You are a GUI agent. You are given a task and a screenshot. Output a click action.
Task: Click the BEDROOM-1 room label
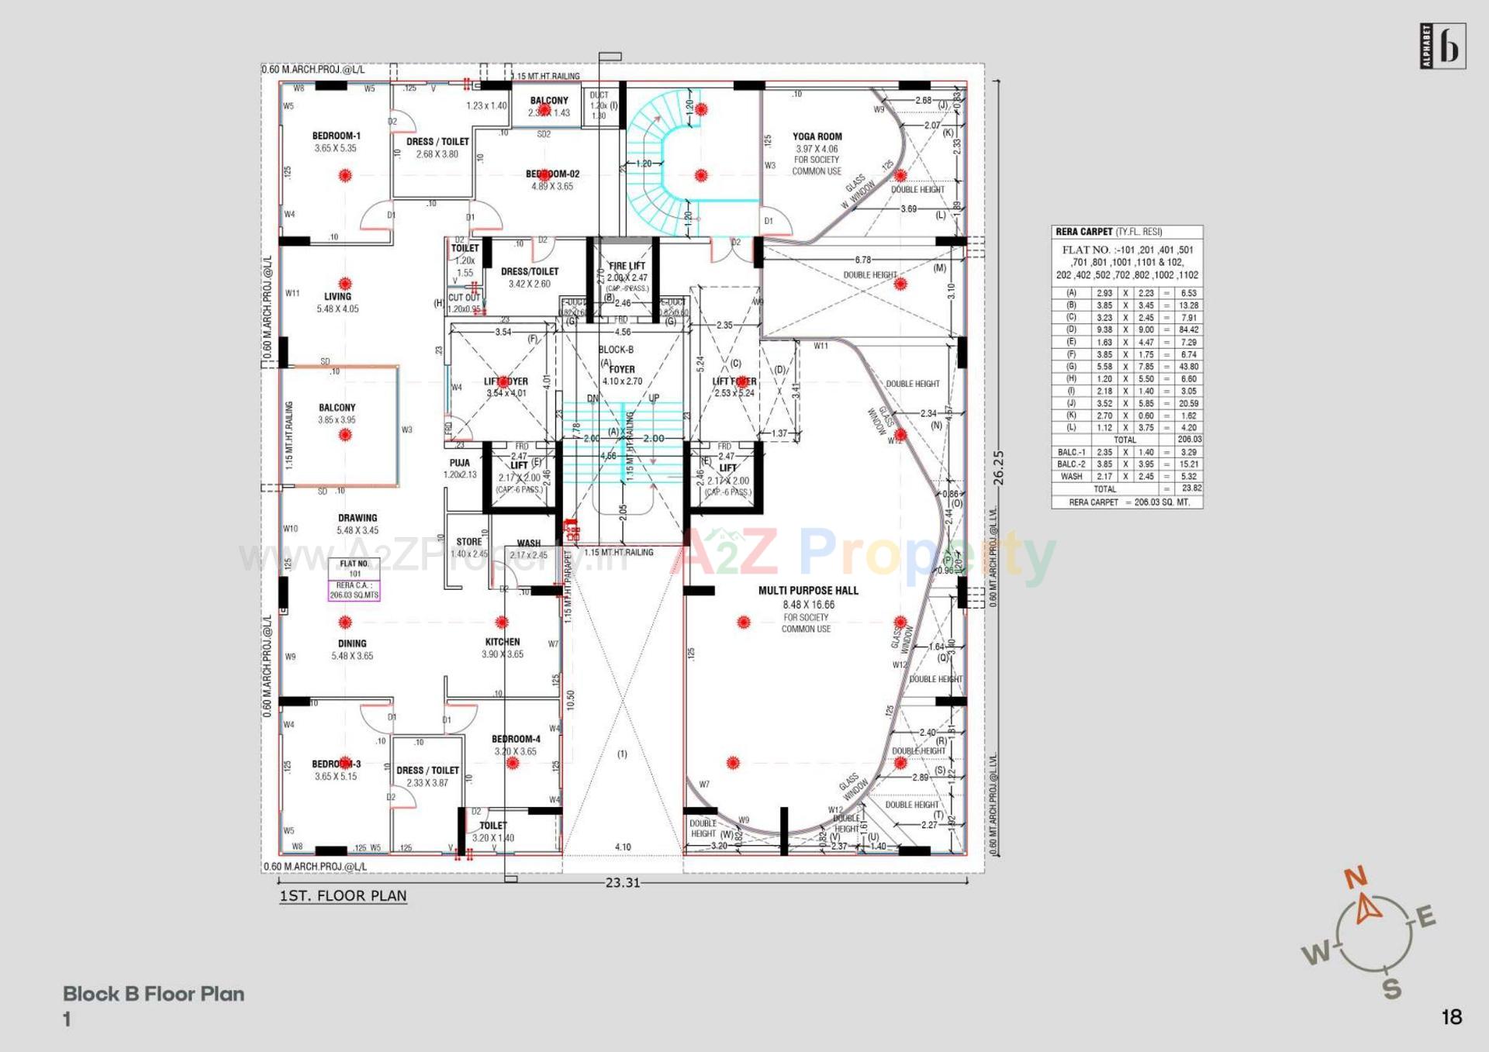pyautogui.click(x=336, y=136)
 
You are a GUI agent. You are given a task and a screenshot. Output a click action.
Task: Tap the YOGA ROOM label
pyautogui.click(x=817, y=136)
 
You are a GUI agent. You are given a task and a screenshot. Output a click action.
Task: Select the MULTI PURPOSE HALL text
pyautogui.click(x=808, y=591)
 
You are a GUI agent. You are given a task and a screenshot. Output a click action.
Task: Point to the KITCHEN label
pyautogui.click(x=503, y=642)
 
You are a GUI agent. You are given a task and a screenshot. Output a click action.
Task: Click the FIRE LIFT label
pyautogui.click(x=627, y=266)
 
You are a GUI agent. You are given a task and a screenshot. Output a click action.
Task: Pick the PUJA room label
pyautogui.click(x=459, y=463)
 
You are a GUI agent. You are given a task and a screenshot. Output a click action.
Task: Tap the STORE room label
pyautogui.click(x=468, y=542)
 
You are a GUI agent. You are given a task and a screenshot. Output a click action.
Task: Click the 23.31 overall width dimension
pyautogui.click(x=623, y=883)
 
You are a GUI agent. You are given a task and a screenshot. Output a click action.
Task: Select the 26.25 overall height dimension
pyautogui.click(x=998, y=468)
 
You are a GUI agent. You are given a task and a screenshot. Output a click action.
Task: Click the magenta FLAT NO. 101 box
pyautogui.click(x=354, y=580)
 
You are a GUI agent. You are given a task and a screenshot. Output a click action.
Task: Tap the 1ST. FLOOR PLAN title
pyautogui.click(x=343, y=896)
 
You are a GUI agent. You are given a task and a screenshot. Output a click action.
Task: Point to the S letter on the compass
pyautogui.click(x=1392, y=989)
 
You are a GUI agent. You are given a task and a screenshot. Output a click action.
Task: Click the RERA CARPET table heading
pyautogui.click(x=1083, y=232)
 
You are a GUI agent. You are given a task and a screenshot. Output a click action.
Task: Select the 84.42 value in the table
pyautogui.click(x=1188, y=329)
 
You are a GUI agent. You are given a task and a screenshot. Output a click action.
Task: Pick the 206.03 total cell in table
pyautogui.click(x=1188, y=440)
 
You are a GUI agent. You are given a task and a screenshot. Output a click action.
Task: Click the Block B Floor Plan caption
pyautogui.click(x=154, y=994)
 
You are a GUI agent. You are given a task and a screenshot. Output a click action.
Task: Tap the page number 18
pyautogui.click(x=1451, y=1017)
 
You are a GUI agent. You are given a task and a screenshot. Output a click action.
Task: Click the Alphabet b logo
pyautogui.click(x=1442, y=47)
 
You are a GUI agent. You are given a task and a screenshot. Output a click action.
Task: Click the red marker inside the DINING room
pyautogui.click(x=345, y=622)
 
